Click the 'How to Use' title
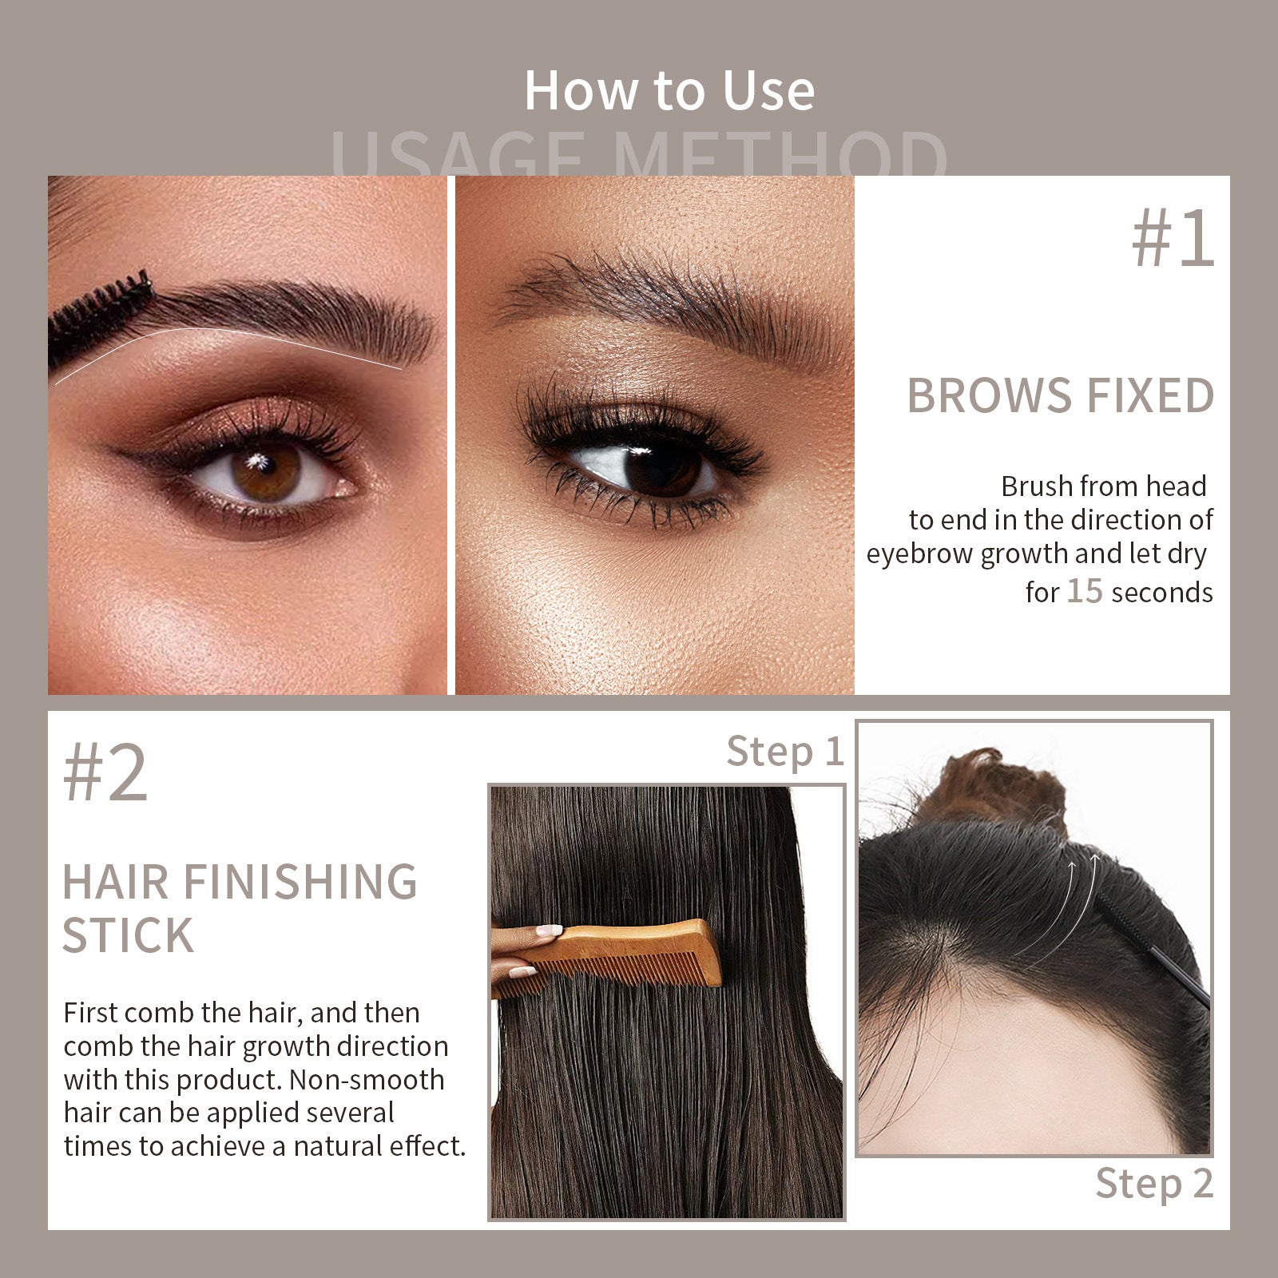click(669, 90)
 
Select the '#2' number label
click(105, 773)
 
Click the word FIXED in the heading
click(1149, 396)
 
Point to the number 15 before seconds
click(1085, 592)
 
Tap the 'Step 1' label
click(784, 752)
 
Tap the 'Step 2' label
click(1153, 1183)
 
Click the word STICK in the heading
click(128, 935)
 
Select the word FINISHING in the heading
click(300, 882)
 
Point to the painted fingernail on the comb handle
click(550, 931)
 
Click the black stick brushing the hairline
click(1150, 951)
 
